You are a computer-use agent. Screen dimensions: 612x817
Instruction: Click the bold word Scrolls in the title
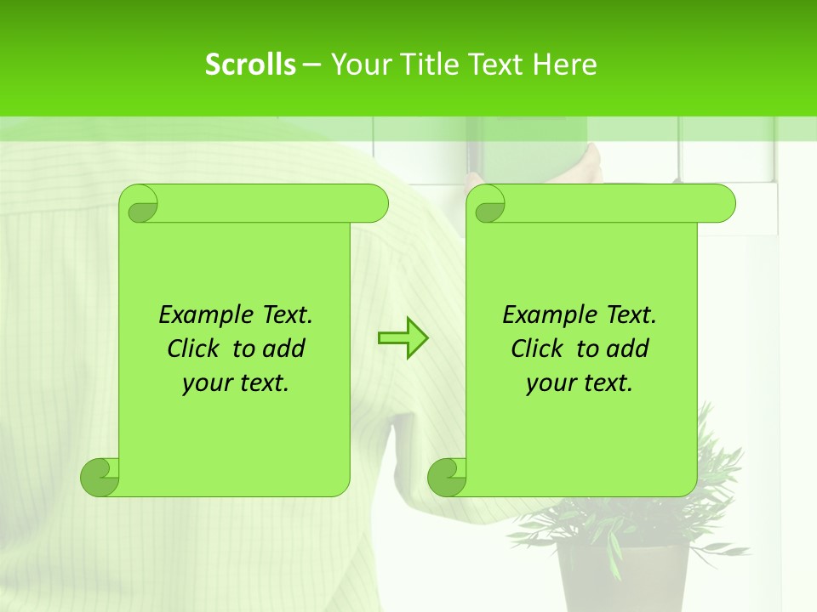tap(250, 65)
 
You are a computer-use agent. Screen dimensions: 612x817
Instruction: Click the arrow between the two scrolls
tap(403, 338)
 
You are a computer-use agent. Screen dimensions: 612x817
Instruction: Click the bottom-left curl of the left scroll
tap(100, 477)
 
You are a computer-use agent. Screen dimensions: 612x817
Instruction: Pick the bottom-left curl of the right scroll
tap(447, 477)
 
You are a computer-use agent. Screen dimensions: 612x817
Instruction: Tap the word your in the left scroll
tap(205, 383)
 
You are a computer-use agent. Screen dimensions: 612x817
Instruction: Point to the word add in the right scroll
tap(629, 348)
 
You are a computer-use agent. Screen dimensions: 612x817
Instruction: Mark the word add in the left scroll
tap(285, 348)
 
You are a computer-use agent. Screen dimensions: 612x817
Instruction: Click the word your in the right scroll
tap(549, 383)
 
